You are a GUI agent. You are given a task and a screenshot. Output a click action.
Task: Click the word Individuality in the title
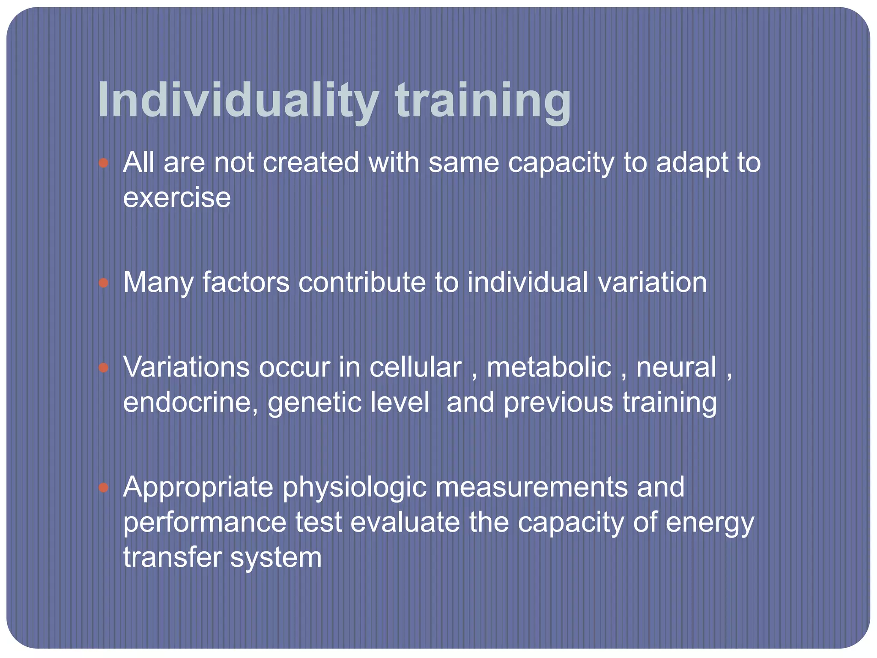pyautogui.click(x=238, y=101)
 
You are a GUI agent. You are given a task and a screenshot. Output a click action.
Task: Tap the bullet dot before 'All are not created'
pyautogui.click(x=104, y=163)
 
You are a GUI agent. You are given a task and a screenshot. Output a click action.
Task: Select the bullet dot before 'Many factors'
pyautogui.click(x=104, y=283)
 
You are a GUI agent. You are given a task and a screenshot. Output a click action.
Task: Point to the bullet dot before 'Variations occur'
pyautogui.click(x=104, y=368)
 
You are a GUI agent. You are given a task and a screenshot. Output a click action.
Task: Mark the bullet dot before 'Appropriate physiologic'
pyautogui.click(x=104, y=488)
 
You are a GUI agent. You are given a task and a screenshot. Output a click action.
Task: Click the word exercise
pyautogui.click(x=177, y=198)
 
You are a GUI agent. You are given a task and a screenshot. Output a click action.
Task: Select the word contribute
pyautogui.click(x=362, y=283)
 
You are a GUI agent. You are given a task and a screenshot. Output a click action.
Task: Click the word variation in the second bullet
pyautogui.click(x=652, y=283)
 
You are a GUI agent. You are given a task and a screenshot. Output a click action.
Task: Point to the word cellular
pyautogui.click(x=415, y=368)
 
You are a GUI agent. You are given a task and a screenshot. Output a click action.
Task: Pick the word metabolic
pyautogui.click(x=549, y=368)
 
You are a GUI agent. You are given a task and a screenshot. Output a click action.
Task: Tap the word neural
pyautogui.click(x=676, y=368)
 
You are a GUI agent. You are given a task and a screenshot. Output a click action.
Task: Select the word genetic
pyautogui.click(x=314, y=404)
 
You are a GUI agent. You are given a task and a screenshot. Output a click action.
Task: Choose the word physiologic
pyautogui.click(x=354, y=488)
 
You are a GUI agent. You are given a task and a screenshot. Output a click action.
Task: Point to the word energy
pyautogui.click(x=710, y=523)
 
